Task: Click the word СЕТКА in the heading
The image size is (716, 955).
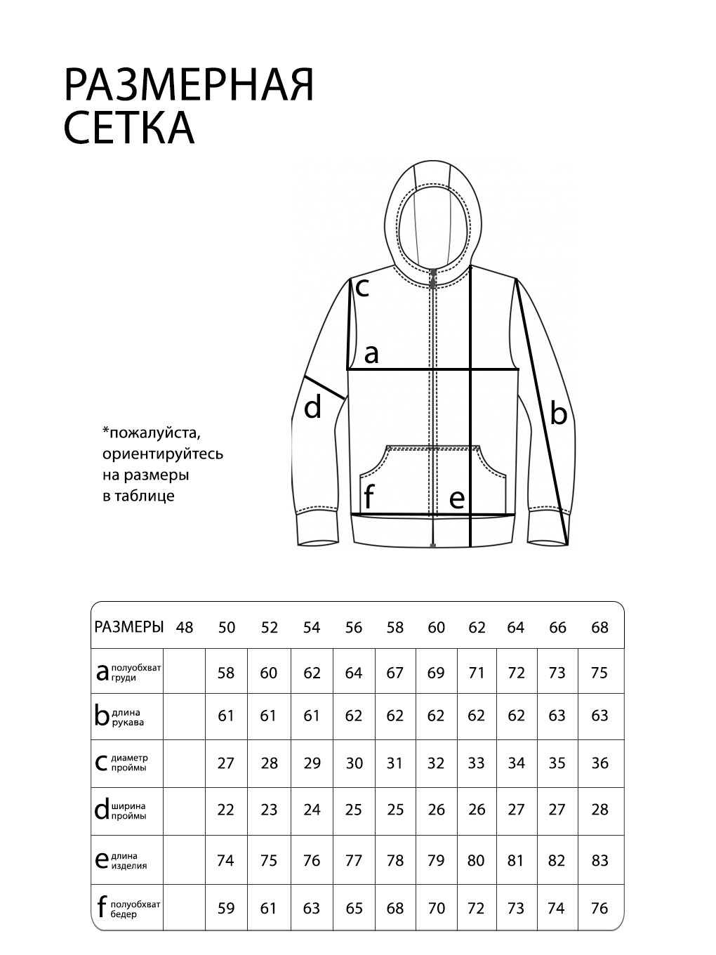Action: pyautogui.click(x=128, y=126)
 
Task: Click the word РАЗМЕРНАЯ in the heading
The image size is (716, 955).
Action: pyautogui.click(x=188, y=86)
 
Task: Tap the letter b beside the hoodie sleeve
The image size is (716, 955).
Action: pyautogui.click(x=558, y=414)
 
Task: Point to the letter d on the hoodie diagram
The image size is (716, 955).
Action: pyautogui.click(x=312, y=407)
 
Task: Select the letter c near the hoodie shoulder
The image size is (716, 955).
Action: pyautogui.click(x=362, y=286)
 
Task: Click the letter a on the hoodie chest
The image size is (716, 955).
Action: pyautogui.click(x=371, y=353)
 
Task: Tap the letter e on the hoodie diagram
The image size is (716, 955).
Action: pyautogui.click(x=457, y=498)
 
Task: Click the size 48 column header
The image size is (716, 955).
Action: pyautogui.click(x=185, y=627)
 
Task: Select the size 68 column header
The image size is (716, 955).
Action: pyautogui.click(x=599, y=627)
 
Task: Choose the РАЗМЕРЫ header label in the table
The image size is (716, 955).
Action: pyautogui.click(x=128, y=626)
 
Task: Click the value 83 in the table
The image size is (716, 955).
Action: pyautogui.click(x=599, y=860)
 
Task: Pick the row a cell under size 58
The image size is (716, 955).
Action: pyautogui.click(x=395, y=673)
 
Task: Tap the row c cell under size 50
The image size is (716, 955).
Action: pyautogui.click(x=226, y=763)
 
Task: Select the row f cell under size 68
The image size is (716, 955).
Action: pyautogui.click(x=599, y=908)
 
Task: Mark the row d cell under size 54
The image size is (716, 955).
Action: pyautogui.click(x=312, y=810)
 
